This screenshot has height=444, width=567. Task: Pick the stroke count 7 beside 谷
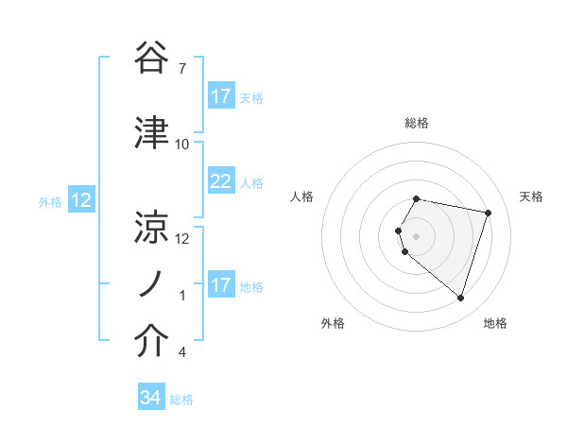click(x=181, y=69)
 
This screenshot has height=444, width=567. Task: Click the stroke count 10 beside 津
click(x=182, y=144)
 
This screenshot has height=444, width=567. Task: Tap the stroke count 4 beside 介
click(x=181, y=352)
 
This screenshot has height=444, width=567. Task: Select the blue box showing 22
click(x=220, y=181)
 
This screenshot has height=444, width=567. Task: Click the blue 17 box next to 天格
click(x=220, y=96)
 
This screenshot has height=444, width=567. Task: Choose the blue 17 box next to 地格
click(x=220, y=285)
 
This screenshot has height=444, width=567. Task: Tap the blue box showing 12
click(x=80, y=200)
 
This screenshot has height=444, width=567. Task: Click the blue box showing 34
click(x=150, y=398)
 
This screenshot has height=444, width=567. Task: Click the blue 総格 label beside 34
click(x=181, y=399)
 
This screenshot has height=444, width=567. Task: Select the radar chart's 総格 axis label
click(x=417, y=123)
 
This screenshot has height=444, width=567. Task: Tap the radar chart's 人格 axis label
click(x=302, y=196)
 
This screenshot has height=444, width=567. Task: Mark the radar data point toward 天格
click(x=488, y=213)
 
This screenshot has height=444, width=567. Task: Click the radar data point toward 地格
click(x=460, y=299)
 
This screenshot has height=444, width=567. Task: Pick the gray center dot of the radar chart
click(x=417, y=235)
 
